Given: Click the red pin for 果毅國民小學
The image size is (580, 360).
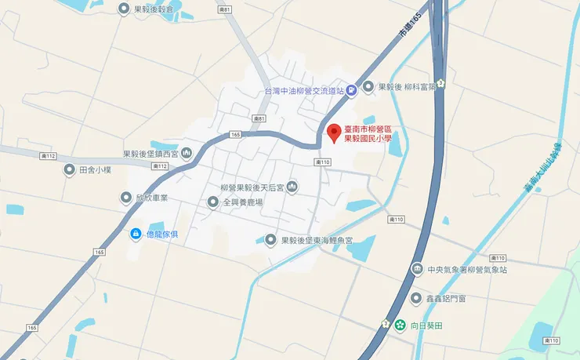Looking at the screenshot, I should (x=334, y=133).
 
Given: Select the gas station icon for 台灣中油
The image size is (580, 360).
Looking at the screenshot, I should (x=352, y=90).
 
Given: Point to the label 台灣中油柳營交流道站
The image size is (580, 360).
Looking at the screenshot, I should (x=303, y=91).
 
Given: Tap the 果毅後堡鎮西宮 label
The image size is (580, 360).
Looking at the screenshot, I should (x=151, y=155).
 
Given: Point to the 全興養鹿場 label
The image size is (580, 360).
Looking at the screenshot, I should (x=241, y=202).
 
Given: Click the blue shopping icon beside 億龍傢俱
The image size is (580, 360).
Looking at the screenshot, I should (x=135, y=234).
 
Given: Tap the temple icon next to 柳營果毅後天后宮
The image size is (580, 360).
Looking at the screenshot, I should (x=292, y=187).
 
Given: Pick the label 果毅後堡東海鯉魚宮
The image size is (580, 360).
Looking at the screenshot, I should (x=317, y=240).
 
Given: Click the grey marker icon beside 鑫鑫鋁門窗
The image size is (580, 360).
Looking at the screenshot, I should (x=416, y=298).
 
